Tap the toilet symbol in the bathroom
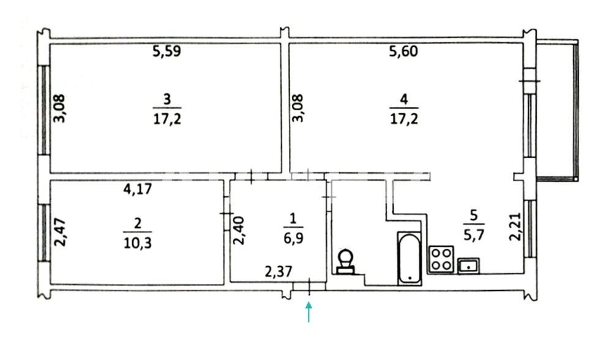tap(345, 261)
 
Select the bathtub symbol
tap(409, 258)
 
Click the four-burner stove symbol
tap(441, 259)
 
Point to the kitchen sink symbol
tap(469, 266)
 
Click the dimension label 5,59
tap(166, 51)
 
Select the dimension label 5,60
tap(403, 51)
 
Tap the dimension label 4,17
tap(137, 189)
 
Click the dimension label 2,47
tap(61, 232)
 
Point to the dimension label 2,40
tap(239, 230)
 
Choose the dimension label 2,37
tap(278, 271)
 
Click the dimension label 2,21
tap(515, 227)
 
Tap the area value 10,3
tap(137, 244)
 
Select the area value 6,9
tap(293, 238)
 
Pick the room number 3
tap(167, 99)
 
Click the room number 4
tap(404, 99)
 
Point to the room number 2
tap(137, 223)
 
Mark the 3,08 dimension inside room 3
tap(60, 108)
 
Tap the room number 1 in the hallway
tap(294, 219)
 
